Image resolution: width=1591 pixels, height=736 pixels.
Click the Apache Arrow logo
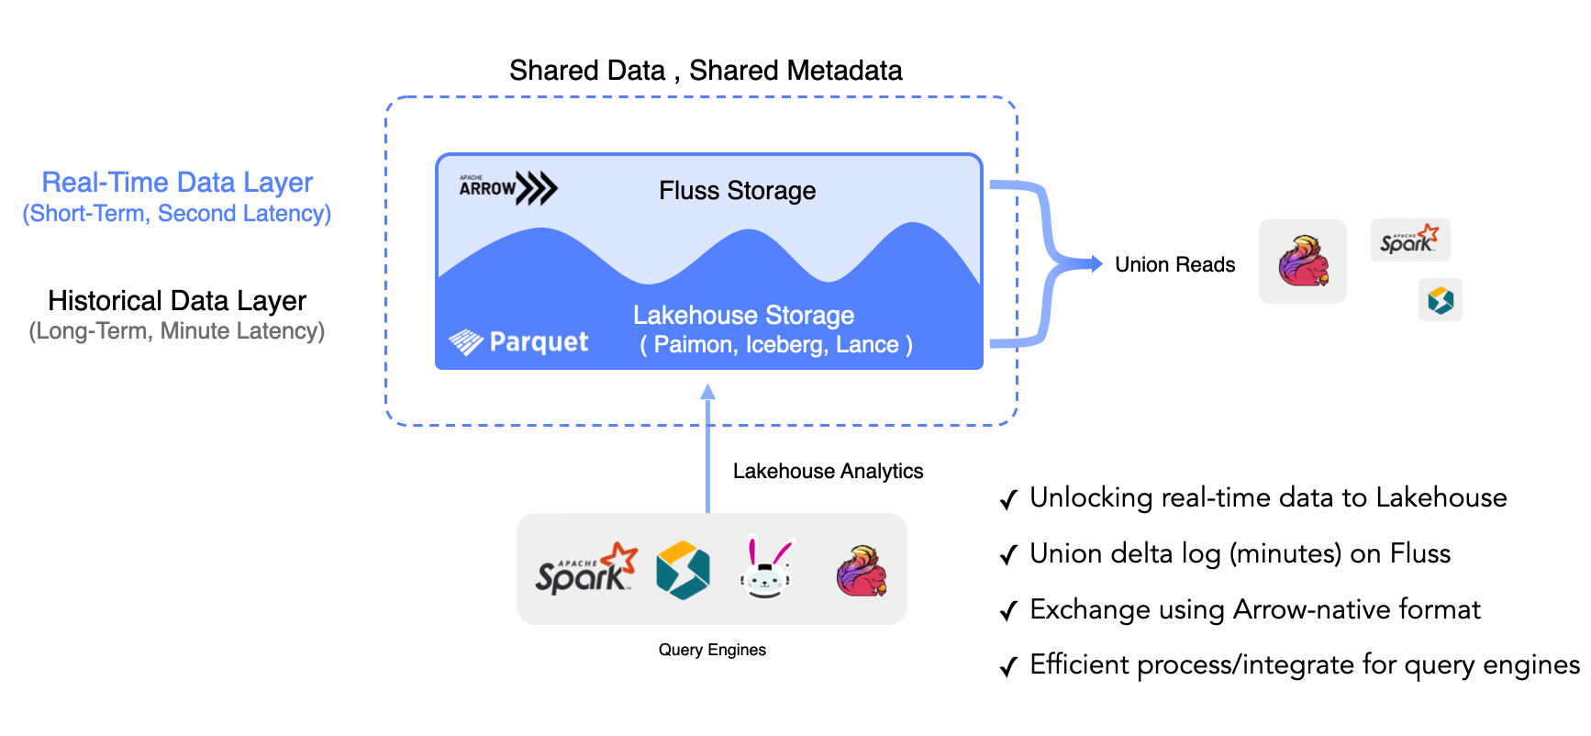coord(507,188)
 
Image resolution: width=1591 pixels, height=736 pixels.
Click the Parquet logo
coord(519,342)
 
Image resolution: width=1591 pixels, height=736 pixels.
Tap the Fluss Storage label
coord(737,191)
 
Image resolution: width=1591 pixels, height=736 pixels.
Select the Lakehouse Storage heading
coord(743,316)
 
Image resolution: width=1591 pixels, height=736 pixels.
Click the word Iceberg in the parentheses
coord(784,345)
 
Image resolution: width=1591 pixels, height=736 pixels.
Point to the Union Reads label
coord(1174,265)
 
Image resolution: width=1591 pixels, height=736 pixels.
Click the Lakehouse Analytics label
coord(828,472)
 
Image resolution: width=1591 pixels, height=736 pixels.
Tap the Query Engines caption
coord(712,650)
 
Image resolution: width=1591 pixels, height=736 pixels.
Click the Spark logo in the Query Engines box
coord(585,570)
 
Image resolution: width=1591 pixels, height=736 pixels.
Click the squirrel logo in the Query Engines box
coord(862,571)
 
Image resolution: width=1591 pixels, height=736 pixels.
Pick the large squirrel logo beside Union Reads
coord(1303,262)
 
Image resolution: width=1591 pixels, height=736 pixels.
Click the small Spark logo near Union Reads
coord(1409,240)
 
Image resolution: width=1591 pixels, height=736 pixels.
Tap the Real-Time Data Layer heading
coord(177,183)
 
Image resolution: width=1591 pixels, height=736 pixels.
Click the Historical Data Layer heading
coord(177,301)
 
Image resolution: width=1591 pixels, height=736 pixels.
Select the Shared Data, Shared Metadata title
coord(706,71)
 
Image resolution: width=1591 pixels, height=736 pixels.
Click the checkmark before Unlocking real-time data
coord(1008,500)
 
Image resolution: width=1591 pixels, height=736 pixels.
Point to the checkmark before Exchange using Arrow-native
coord(1008,612)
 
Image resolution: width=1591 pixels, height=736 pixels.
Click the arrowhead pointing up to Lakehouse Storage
coord(707,392)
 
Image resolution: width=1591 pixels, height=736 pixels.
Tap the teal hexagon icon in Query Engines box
coord(683,570)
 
